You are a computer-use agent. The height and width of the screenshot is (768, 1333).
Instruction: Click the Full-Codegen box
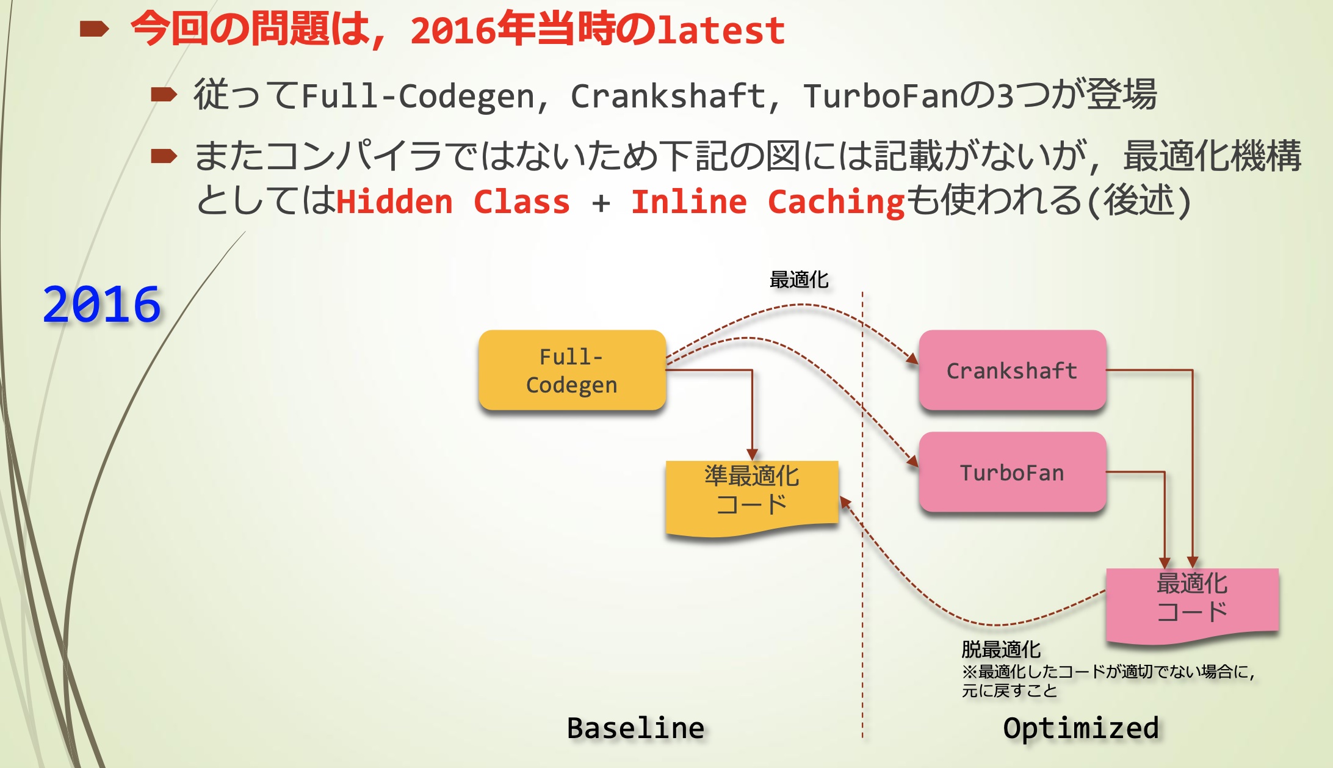click(572, 370)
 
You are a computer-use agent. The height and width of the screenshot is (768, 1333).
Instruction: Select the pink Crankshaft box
click(1012, 370)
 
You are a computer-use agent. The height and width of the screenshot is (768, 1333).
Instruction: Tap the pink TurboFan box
click(1012, 472)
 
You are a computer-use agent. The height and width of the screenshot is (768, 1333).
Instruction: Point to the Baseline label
click(635, 728)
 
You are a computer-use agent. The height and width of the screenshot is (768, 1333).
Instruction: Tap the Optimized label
click(1080, 728)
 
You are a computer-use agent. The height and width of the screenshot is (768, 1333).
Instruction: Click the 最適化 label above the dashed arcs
click(799, 280)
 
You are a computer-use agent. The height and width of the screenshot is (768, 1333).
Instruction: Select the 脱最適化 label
click(1001, 648)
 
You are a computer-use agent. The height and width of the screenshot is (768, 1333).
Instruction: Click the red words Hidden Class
click(452, 202)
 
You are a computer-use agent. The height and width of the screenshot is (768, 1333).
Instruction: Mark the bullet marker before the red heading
click(94, 29)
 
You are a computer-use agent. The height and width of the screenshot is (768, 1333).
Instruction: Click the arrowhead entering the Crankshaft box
click(912, 359)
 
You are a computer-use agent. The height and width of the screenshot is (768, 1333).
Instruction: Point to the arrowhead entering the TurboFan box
click(912, 462)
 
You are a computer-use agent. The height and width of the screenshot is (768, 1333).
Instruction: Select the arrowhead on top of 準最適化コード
click(752, 455)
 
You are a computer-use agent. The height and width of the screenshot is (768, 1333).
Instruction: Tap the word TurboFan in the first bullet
click(881, 96)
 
